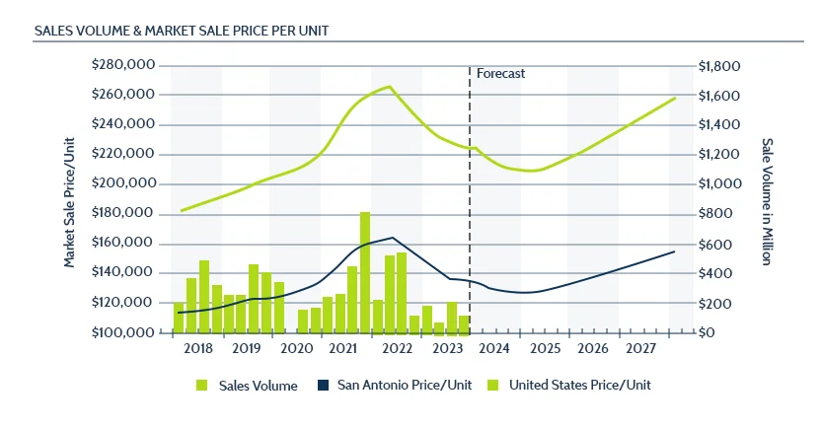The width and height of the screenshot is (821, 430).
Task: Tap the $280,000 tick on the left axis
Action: (122, 65)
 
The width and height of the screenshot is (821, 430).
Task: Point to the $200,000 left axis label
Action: (122, 184)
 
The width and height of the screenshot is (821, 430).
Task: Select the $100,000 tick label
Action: (122, 332)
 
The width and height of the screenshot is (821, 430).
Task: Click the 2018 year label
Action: (197, 348)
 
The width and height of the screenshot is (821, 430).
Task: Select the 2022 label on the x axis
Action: (396, 348)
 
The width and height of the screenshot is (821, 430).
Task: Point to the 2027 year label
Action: (641, 348)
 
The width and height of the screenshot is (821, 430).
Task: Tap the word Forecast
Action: (500, 74)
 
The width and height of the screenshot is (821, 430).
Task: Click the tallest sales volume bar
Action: (365, 271)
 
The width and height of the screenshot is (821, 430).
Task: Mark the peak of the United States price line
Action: (390, 87)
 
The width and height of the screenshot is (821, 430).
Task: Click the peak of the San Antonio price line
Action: (393, 238)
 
